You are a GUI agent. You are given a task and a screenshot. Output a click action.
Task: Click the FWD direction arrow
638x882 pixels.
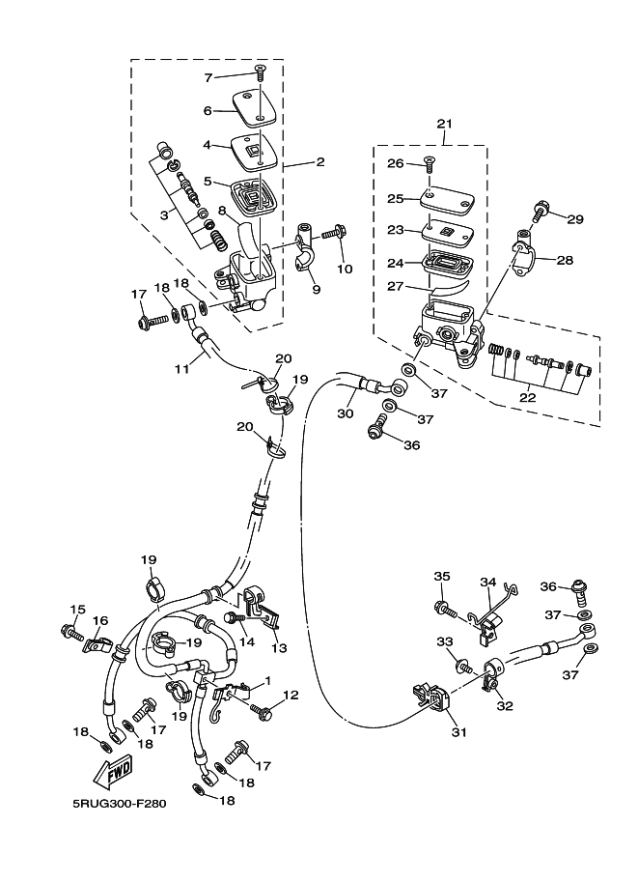[112, 772]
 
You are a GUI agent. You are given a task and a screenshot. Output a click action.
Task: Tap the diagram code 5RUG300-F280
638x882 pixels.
[119, 803]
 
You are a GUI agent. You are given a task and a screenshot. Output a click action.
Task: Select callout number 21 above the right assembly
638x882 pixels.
[444, 124]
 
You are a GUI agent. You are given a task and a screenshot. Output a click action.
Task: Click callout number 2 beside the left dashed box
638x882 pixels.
[320, 162]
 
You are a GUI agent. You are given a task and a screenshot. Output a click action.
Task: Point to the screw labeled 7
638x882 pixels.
[260, 71]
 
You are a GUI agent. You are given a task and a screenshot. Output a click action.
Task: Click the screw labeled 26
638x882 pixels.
[430, 163]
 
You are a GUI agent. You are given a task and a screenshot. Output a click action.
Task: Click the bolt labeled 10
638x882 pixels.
[334, 232]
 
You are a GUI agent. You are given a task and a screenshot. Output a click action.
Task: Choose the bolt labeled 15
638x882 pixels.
[72, 632]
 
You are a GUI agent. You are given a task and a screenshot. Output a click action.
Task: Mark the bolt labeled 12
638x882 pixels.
[262, 711]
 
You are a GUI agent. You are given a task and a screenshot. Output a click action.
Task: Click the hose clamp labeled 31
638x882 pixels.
[432, 697]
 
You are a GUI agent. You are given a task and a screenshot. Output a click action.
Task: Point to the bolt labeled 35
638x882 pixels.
[445, 609]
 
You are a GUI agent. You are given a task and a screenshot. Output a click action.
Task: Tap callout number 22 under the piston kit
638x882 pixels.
[528, 397]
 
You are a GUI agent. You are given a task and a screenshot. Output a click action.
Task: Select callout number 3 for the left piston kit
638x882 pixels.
[163, 214]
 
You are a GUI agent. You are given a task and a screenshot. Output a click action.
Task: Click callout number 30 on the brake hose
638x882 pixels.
[346, 413]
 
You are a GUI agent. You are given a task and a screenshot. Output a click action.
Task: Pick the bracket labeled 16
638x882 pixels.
[97, 643]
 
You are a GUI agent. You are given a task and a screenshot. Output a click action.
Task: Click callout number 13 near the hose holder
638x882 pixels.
[279, 648]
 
